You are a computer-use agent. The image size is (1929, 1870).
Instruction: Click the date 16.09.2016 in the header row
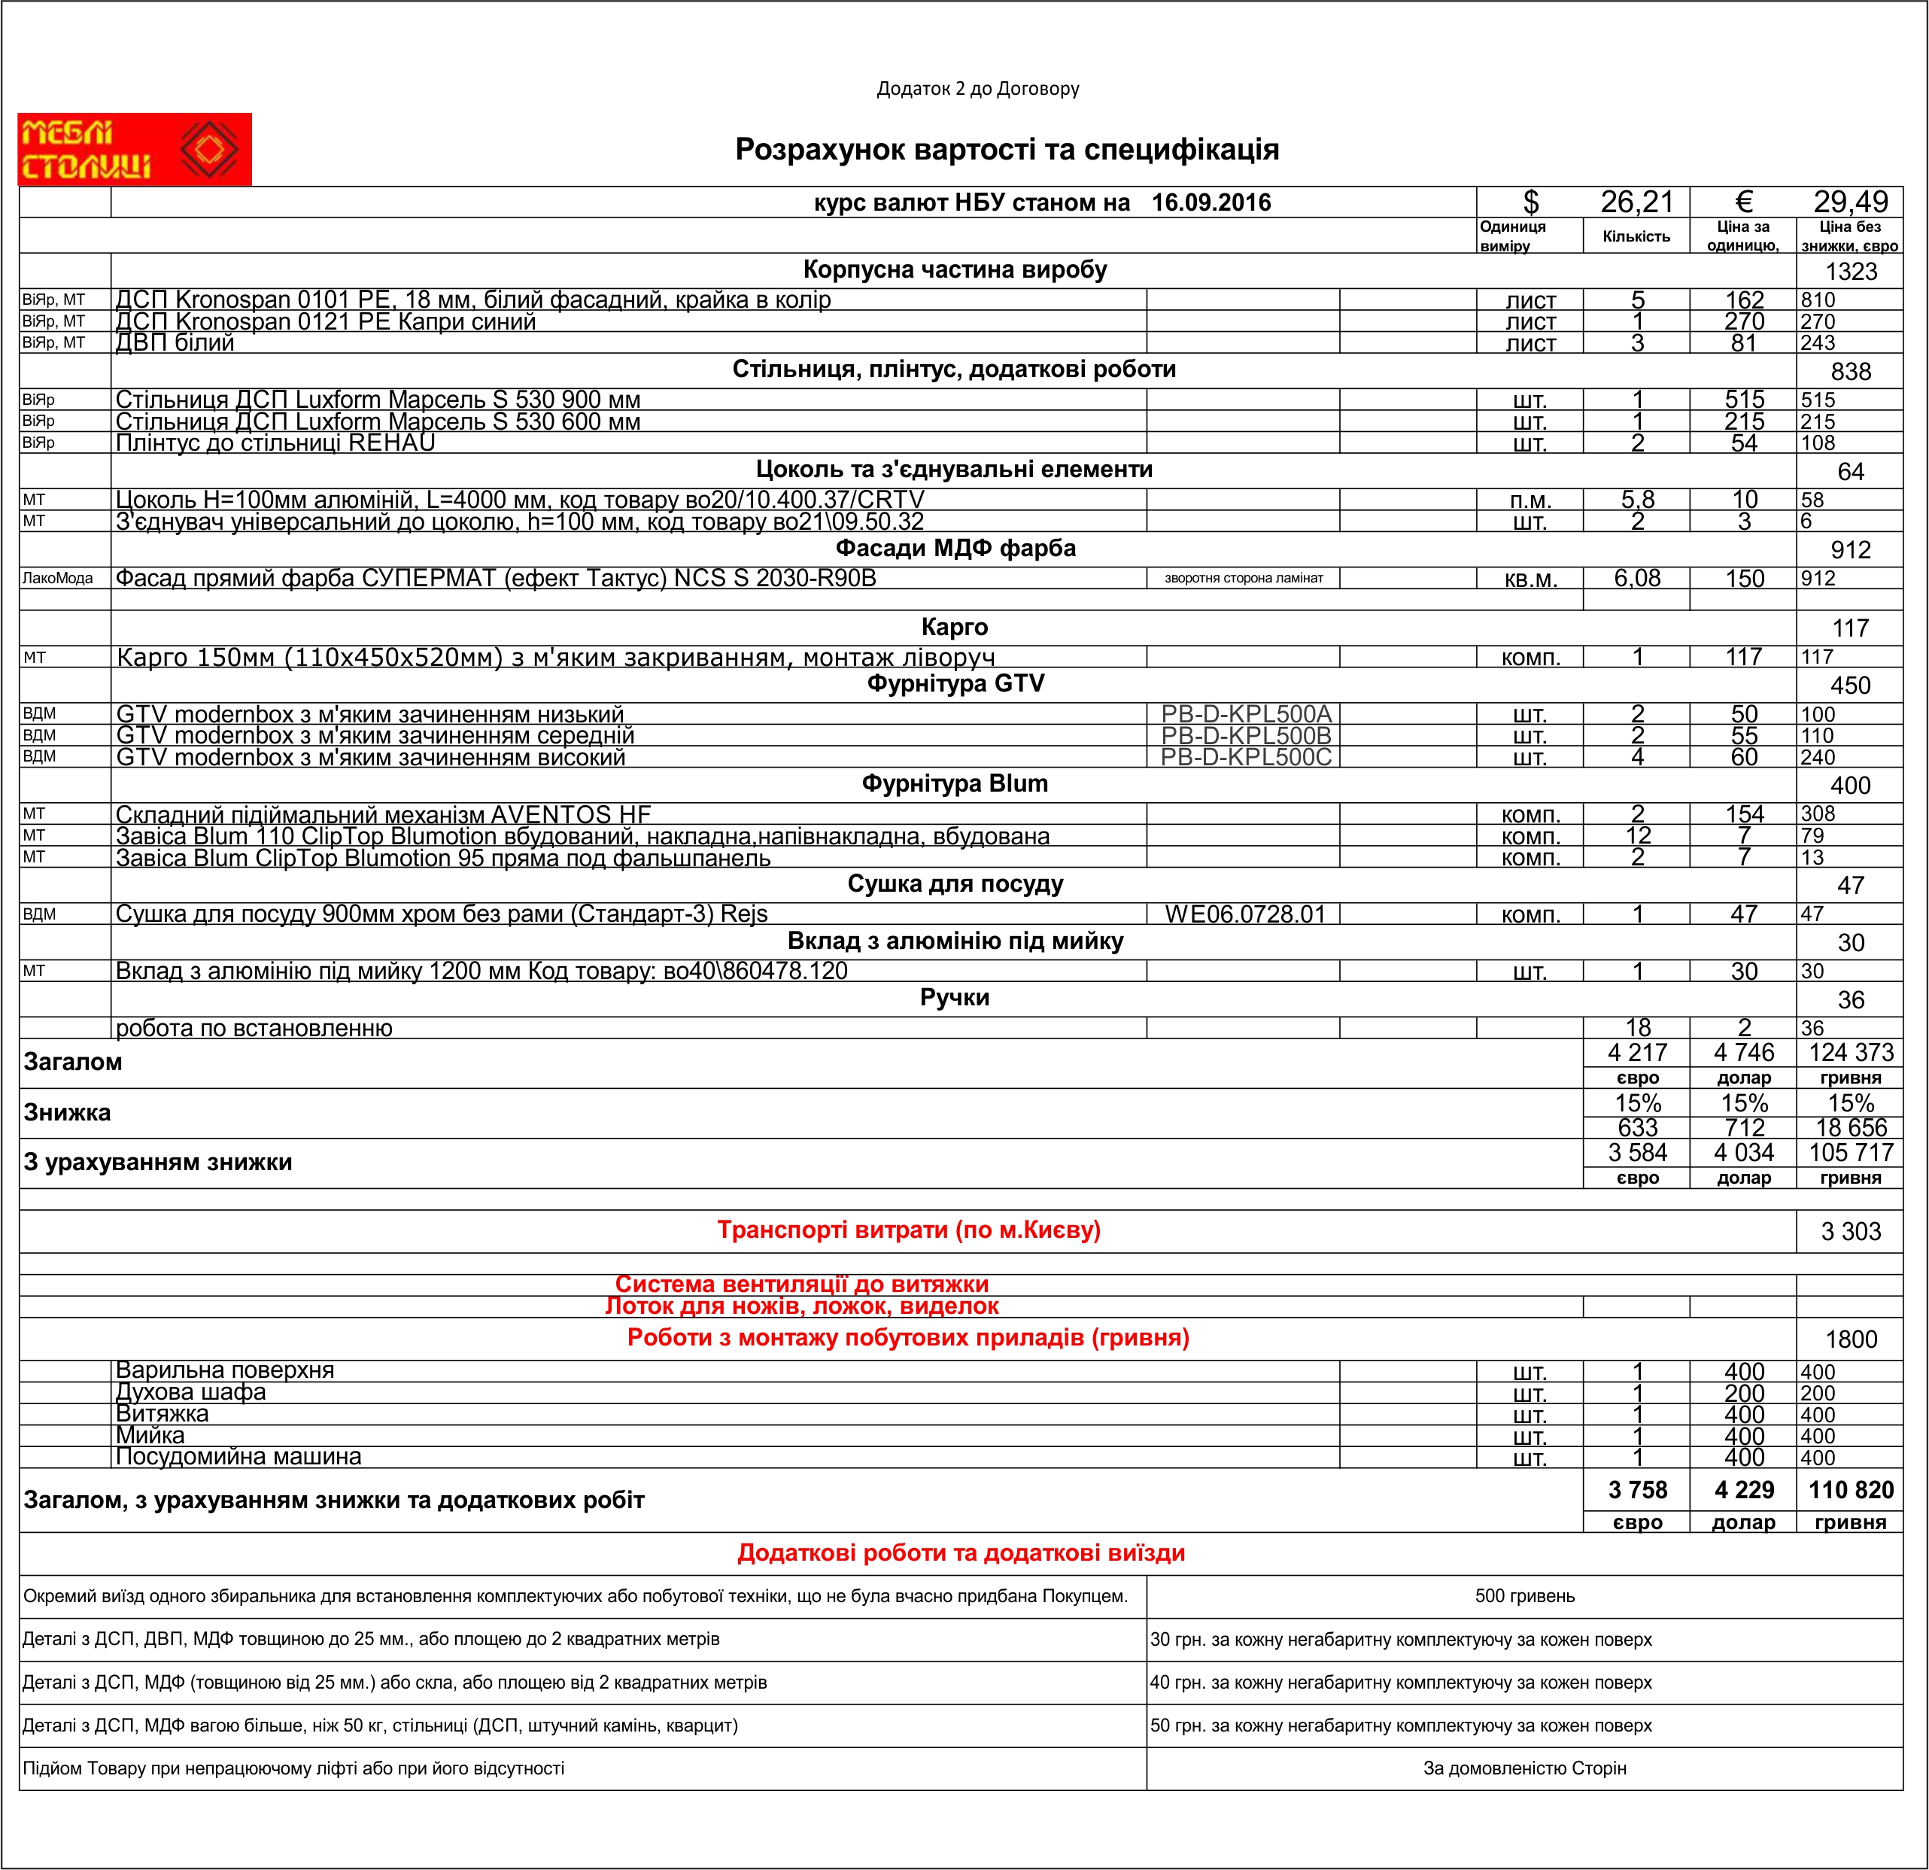tap(1211, 202)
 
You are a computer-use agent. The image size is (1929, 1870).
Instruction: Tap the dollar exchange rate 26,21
tap(1636, 202)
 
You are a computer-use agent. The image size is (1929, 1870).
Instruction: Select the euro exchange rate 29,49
tap(1850, 202)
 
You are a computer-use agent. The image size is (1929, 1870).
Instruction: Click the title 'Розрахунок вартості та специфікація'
tap(1006, 150)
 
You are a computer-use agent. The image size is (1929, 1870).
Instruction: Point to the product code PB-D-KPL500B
tap(1245, 735)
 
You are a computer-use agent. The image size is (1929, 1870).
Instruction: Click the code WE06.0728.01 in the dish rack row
tap(1245, 914)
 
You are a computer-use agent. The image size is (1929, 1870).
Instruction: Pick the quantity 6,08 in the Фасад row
tap(1636, 579)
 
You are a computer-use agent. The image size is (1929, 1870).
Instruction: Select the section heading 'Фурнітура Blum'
tap(955, 784)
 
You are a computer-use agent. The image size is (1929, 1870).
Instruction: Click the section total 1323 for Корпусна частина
tap(1850, 272)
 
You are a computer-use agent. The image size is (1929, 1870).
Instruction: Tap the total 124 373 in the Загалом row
tap(1850, 1053)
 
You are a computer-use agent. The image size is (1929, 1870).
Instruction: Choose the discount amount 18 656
tap(1850, 1128)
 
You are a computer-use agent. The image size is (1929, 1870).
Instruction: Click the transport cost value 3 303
tap(1850, 1232)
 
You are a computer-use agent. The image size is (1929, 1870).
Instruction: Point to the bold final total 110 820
tap(1850, 1490)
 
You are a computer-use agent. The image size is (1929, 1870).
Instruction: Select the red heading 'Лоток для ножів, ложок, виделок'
tap(801, 1307)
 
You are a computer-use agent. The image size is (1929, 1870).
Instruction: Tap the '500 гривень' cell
tap(1523, 1596)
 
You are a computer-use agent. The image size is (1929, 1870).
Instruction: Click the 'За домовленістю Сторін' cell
tap(1523, 1768)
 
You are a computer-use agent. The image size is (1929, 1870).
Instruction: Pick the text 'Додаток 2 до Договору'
tap(977, 90)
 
